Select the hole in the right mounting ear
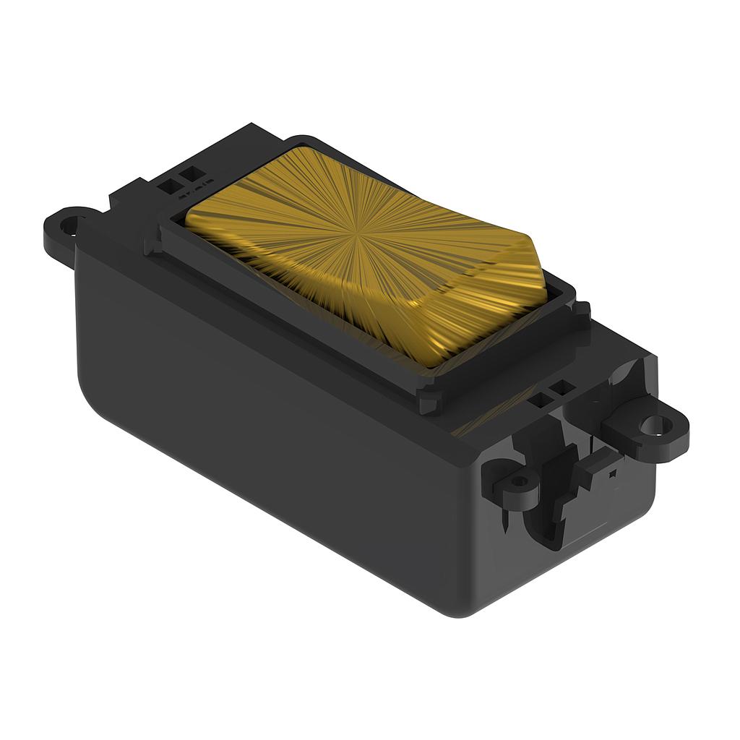pos(654,424)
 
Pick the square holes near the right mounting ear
pos(551,394)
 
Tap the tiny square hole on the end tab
pos(612,474)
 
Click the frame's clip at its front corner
pos(427,402)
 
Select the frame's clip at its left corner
pos(153,243)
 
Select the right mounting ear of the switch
pos(647,430)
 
